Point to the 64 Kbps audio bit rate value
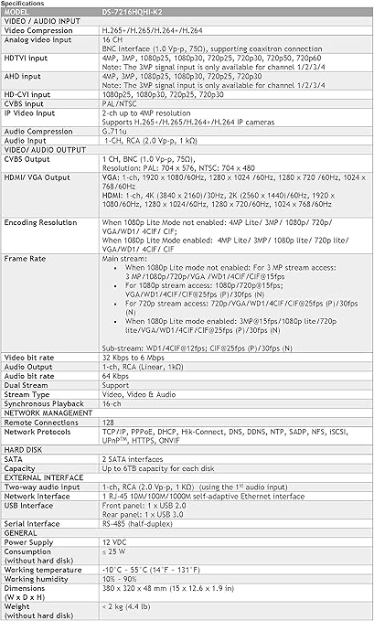click(x=115, y=426)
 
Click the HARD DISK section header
click(x=25, y=489)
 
